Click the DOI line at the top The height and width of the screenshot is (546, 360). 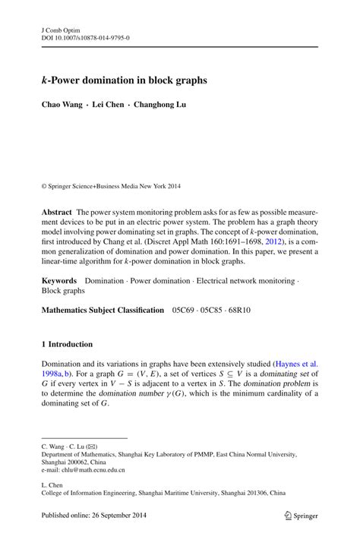click(86, 35)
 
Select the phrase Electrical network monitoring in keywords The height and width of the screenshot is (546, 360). click(248, 281)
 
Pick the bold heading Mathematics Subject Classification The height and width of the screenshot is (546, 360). click(102, 310)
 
